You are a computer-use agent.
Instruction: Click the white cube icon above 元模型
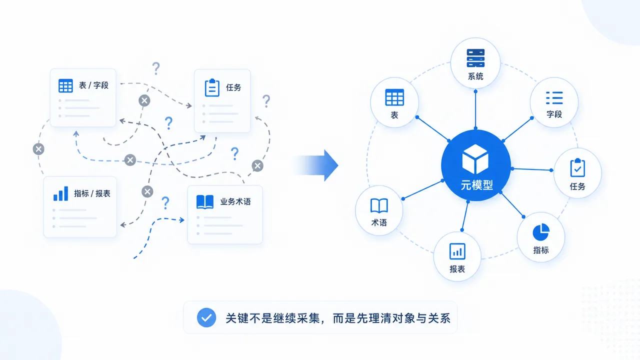click(x=475, y=159)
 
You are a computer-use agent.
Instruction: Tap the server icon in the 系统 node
click(x=475, y=58)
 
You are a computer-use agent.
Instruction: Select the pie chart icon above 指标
click(x=541, y=232)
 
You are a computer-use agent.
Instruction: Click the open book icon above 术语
click(x=379, y=205)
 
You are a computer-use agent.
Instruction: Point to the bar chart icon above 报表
click(x=457, y=251)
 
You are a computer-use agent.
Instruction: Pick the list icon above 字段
click(x=554, y=98)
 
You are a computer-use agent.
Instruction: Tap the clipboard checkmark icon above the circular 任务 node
click(x=577, y=167)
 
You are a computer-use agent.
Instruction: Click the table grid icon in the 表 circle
click(x=394, y=97)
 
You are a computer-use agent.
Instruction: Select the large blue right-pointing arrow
click(x=316, y=165)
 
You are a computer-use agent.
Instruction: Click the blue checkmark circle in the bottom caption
click(x=206, y=317)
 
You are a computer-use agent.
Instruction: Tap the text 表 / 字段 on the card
click(x=93, y=85)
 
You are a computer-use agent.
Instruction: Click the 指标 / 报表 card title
click(x=92, y=193)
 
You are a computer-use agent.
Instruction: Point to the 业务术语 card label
click(x=235, y=201)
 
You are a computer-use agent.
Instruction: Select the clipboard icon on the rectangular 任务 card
click(x=212, y=87)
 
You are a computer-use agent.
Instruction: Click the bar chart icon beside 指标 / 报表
click(x=61, y=193)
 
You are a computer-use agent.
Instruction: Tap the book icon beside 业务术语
click(x=205, y=201)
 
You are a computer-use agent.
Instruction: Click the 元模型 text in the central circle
click(x=477, y=185)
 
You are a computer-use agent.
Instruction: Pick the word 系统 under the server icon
click(x=475, y=76)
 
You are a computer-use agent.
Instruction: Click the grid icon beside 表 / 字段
click(x=65, y=85)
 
